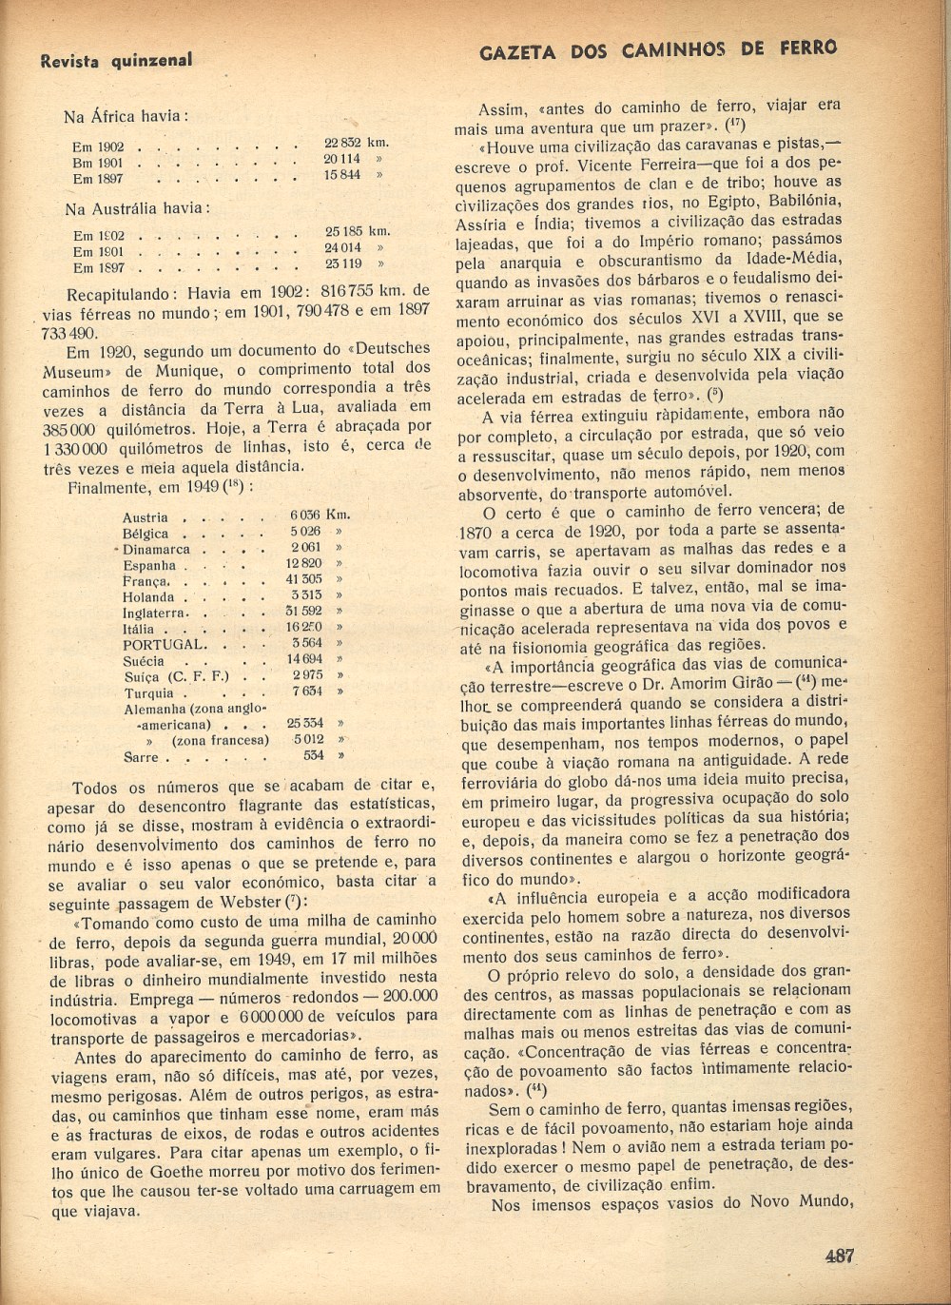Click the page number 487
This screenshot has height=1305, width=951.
pyautogui.click(x=840, y=1255)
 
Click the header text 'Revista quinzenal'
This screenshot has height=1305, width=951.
pyautogui.click(x=116, y=60)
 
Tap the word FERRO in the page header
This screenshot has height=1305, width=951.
pyautogui.click(x=804, y=49)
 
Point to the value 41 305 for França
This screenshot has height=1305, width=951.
pyautogui.click(x=304, y=578)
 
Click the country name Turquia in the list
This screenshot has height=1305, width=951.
pyautogui.click(x=149, y=693)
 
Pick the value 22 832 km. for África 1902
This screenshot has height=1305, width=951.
pyautogui.click(x=356, y=143)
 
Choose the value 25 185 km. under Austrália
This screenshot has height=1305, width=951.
pyautogui.click(x=357, y=230)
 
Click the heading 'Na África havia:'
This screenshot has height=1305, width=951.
pyautogui.click(x=126, y=116)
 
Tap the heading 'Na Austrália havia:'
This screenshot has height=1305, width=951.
pyautogui.click(x=137, y=207)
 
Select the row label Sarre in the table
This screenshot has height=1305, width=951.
pyautogui.click(x=141, y=758)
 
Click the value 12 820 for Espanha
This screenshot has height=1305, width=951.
pyautogui.click(x=304, y=563)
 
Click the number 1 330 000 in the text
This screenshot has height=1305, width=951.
pyautogui.click(x=79, y=447)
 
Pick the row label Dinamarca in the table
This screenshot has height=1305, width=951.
pyautogui.click(x=156, y=549)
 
